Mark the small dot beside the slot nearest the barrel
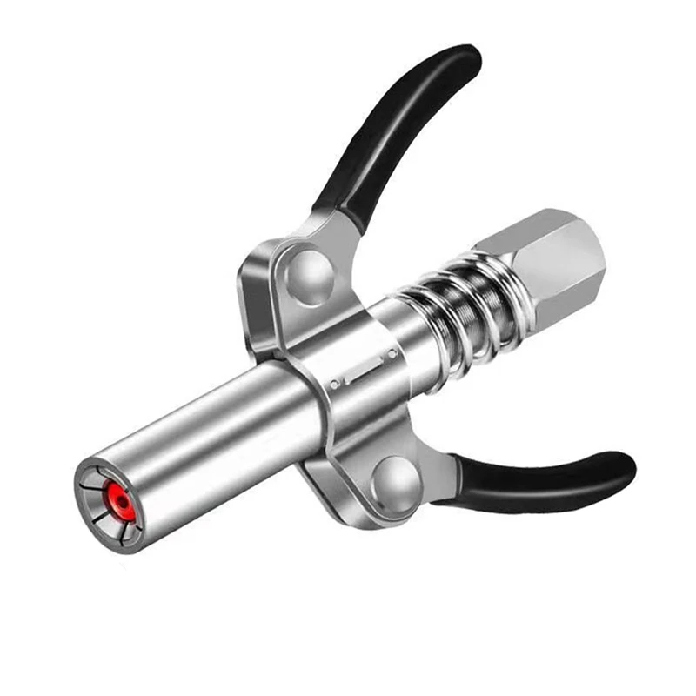point(333,383)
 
